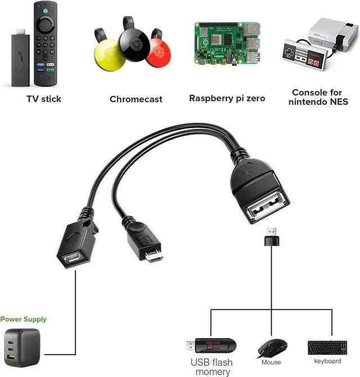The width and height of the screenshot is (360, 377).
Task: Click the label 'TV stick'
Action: [44, 99]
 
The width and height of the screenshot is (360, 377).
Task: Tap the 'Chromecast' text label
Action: [136, 99]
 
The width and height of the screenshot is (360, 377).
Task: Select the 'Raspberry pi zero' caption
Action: [227, 98]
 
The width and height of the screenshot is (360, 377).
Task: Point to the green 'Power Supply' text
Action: [23, 319]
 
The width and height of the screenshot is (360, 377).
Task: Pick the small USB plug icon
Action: [271, 236]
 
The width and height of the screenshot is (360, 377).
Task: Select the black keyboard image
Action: [327, 347]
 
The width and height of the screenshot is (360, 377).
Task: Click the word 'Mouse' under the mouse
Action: [271, 362]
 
